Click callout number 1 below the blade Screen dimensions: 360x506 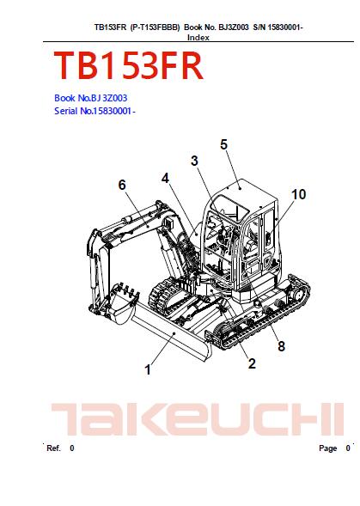(x=148, y=369)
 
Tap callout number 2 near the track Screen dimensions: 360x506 (x=252, y=363)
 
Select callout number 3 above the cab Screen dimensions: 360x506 (x=194, y=161)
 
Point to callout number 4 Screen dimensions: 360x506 (x=165, y=178)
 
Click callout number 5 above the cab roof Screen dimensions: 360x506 (x=223, y=144)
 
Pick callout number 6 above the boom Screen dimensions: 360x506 (x=122, y=185)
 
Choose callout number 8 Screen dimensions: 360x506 (x=281, y=346)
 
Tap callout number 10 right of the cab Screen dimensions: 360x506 (x=299, y=195)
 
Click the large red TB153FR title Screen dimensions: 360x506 (x=128, y=65)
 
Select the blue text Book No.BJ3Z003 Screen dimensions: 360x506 (x=91, y=98)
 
